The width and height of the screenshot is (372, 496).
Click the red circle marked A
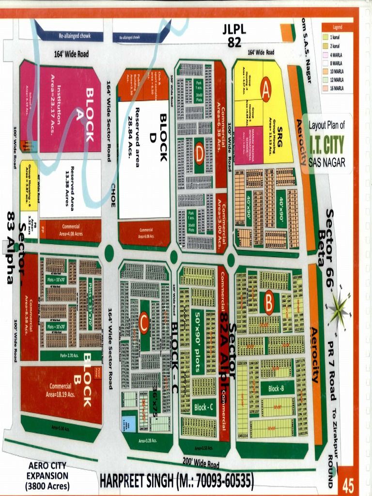pos(265,89)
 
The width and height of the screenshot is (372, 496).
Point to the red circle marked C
pos(143,324)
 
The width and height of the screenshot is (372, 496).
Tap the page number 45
pos(348,484)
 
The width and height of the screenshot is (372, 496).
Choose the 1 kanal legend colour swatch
pos(325,37)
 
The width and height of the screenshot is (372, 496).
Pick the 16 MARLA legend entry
pos(337,89)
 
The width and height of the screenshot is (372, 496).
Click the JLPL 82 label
pos(234,35)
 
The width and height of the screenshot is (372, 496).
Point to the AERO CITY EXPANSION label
pos(47,476)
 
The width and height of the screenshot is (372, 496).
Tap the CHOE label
pos(113,195)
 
